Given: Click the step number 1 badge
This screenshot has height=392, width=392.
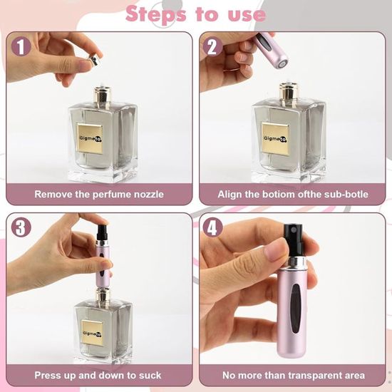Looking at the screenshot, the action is coord(21,46).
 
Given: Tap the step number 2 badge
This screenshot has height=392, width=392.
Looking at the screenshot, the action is coord(212,46).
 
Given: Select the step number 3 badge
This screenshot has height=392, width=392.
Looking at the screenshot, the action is coord(21,227).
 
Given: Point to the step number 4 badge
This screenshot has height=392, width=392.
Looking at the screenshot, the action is coord(212,227).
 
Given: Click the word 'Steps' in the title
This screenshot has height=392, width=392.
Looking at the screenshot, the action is coord(156,14).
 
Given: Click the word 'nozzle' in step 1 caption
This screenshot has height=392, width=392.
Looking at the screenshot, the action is coord(149,195).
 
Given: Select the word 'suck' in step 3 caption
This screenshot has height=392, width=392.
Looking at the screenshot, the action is coord(150,375).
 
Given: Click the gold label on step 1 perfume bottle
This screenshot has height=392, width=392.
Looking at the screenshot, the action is coord(90,138).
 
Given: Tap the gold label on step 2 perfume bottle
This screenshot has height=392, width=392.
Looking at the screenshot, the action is coord(276,138).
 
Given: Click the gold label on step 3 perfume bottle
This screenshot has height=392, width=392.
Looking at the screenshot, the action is coord(92,334).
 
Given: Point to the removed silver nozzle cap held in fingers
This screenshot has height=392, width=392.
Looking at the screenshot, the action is coord(94,61).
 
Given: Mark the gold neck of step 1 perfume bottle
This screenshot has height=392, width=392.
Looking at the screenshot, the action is coord(102,95).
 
